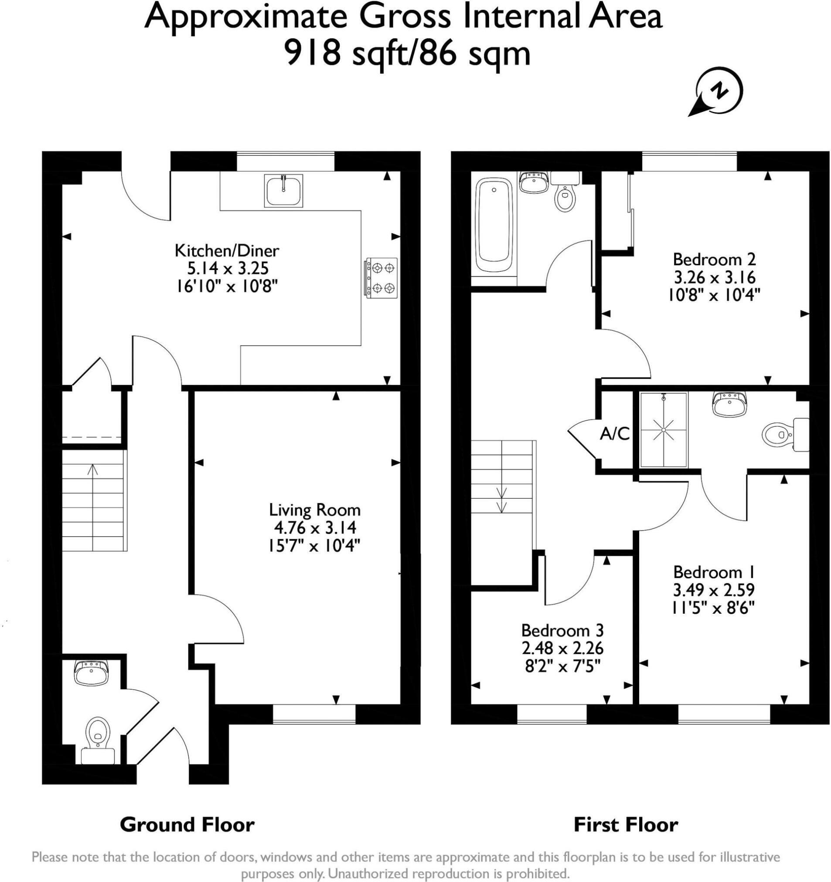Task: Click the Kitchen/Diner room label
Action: tap(227, 251)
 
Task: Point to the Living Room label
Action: tap(315, 510)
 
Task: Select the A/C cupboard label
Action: tap(615, 434)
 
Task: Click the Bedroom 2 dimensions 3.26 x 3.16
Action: tap(714, 277)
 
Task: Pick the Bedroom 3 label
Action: tap(562, 630)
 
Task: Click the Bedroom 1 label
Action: tap(714, 572)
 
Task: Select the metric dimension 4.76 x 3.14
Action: tap(315, 528)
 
